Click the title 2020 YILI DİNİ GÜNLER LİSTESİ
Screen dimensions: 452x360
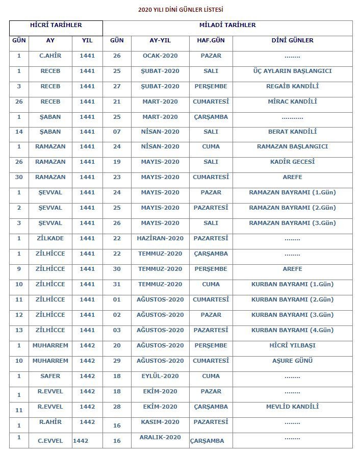(181, 9)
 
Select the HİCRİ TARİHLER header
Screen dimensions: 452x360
(56, 25)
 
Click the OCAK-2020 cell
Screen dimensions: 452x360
(161, 56)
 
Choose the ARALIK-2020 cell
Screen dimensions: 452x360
(161, 437)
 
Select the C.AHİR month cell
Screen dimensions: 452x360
(50, 56)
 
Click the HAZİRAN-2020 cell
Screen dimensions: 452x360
(160, 238)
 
